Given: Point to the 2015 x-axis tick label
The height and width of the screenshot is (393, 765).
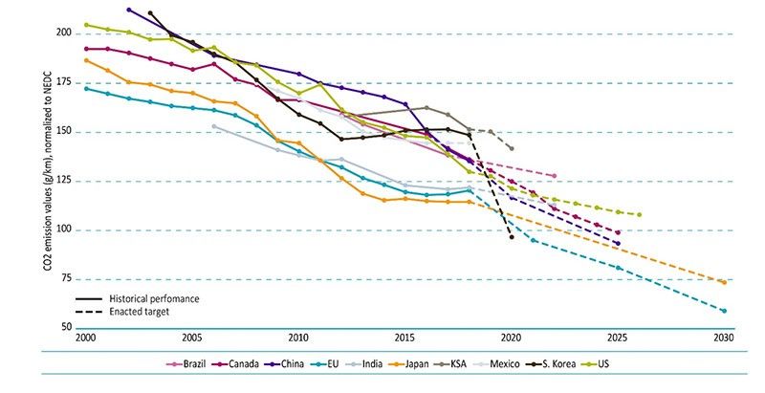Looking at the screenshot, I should coord(404,338).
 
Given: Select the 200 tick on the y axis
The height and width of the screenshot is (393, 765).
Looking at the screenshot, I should coord(65,33).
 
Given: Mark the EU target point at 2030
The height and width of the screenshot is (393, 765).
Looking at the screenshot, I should coord(724,311).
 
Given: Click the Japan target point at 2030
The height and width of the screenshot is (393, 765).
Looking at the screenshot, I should coord(724,282).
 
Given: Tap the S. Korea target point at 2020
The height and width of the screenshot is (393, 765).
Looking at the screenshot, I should coord(512,236).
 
